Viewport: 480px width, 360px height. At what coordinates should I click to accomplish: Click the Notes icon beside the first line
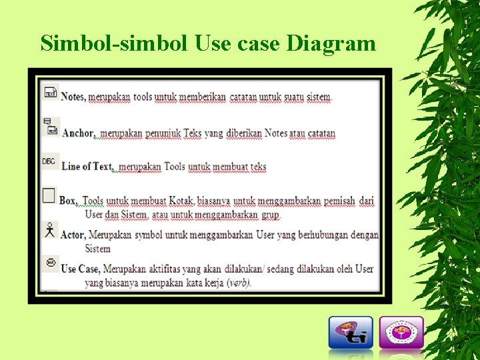click(50, 93)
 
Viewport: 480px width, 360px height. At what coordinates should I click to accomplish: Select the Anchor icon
click(50, 127)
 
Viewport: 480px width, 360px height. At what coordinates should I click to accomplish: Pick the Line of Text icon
click(49, 161)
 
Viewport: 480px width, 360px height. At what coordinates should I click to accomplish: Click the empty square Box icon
click(49, 195)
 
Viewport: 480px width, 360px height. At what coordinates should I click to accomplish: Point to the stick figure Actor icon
click(49, 231)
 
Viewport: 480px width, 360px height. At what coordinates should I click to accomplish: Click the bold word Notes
click(73, 97)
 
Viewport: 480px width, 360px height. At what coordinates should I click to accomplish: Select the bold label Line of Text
click(87, 167)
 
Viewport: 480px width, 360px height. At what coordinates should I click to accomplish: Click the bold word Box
click(69, 201)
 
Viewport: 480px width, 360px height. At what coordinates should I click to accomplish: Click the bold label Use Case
click(81, 269)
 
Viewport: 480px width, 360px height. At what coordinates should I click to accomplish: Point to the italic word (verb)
click(239, 283)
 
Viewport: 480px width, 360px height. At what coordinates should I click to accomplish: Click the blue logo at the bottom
click(351, 332)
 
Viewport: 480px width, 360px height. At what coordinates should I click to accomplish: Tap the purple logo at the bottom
click(401, 332)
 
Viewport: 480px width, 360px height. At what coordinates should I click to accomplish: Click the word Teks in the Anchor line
click(193, 133)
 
